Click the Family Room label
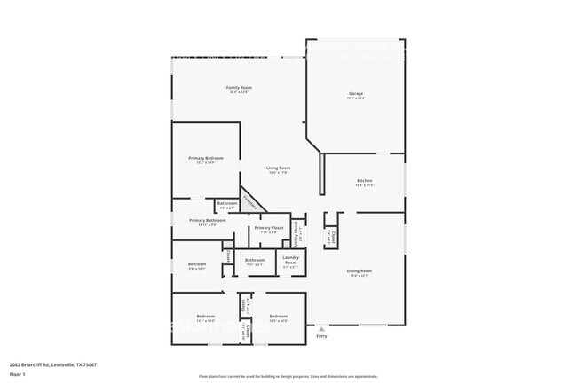(x=240, y=87)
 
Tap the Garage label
(x=355, y=93)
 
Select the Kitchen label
(x=365, y=180)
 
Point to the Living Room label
(x=279, y=168)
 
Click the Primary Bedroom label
(x=206, y=158)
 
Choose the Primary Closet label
(x=268, y=228)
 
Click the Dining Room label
(x=360, y=270)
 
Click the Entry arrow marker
(x=321, y=327)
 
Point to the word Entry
(x=321, y=335)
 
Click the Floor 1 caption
(x=18, y=374)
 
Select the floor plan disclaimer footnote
(x=288, y=377)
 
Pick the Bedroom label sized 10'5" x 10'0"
(x=278, y=316)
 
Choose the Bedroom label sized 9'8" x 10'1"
(x=197, y=263)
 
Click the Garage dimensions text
(x=355, y=98)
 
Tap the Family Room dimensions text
(x=240, y=92)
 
